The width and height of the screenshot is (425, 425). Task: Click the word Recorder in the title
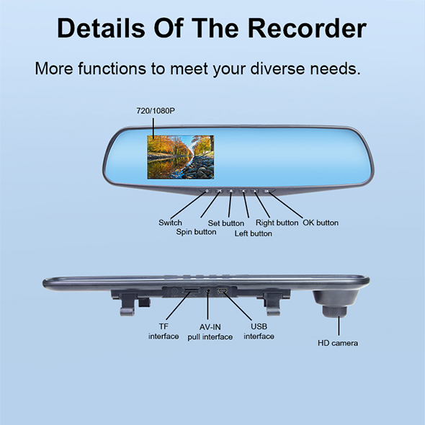click(307, 28)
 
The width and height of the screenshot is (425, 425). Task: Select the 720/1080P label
click(156, 111)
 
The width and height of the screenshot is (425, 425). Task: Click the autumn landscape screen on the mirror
click(181, 157)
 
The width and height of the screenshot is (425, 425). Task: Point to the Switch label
click(170, 223)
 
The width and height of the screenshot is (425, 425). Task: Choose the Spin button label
click(196, 232)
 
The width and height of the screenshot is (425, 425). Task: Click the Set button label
click(226, 223)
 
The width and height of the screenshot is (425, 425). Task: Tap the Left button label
click(253, 233)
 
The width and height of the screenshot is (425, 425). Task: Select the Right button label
click(277, 223)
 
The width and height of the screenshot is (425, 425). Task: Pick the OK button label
click(321, 223)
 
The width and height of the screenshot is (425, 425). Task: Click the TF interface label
click(164, 331)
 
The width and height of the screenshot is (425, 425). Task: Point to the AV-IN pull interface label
click(210, 332)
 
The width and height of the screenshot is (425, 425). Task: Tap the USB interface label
click(259, 331)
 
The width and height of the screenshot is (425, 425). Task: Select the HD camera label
click(338, 343)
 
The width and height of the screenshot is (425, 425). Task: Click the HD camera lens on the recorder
click(335, 311)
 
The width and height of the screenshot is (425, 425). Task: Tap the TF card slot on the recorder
click(191, 291)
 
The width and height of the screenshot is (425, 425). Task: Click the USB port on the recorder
click(223, 291)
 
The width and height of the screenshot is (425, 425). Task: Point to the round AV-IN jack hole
click(208, 291)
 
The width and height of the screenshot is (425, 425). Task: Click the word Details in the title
click(101, 28)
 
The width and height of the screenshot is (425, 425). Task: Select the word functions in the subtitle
click(112, 68)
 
